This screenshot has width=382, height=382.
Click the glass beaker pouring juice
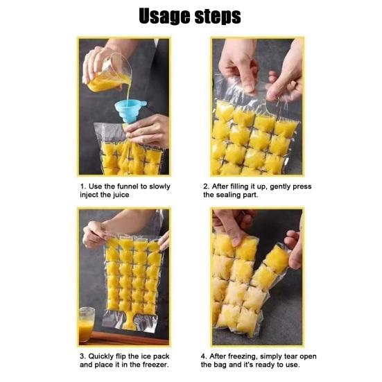click(110, 73)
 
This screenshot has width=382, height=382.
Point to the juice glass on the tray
click(87, 324)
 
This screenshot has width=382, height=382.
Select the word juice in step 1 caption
click(121, 195)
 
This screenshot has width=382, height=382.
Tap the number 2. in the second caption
click(206, 186)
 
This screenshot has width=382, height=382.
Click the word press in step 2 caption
click(302, 187)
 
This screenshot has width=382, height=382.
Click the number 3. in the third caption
click(83, 356)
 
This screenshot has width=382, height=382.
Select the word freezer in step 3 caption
click(155, 365)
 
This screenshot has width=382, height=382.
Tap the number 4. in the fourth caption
click(204, 356)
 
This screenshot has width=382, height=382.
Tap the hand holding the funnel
click(148, 130)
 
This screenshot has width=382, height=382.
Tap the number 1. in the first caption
click(83, 186)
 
